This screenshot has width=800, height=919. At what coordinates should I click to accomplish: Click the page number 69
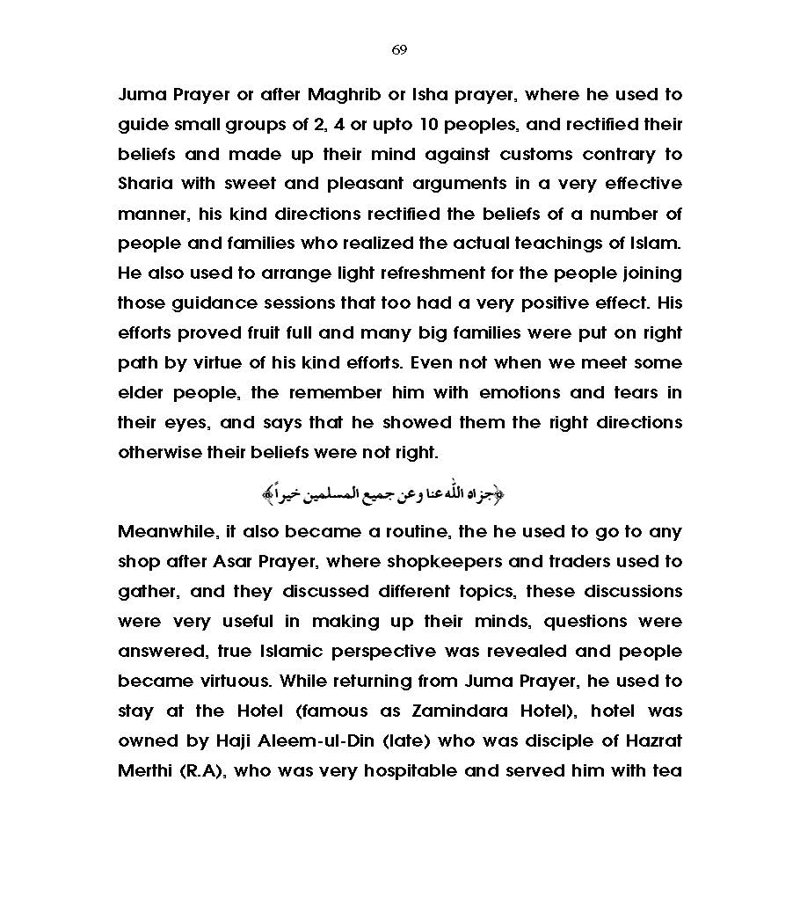(x=399, y=50)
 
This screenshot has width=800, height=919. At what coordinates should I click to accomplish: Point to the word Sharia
(x=147, y=185)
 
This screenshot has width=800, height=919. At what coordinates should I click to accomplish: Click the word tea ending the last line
(x=667, y=771)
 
